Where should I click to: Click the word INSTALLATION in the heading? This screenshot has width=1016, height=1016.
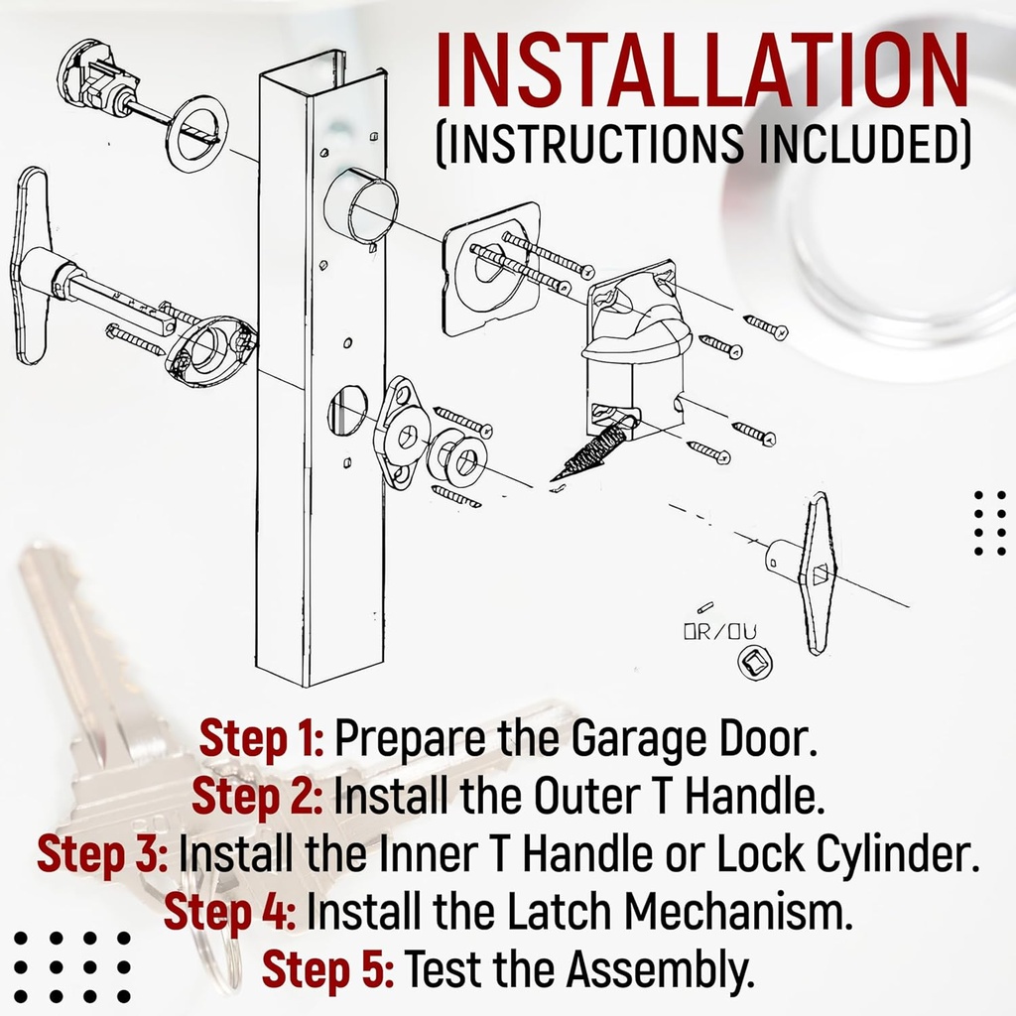tap(702, 74)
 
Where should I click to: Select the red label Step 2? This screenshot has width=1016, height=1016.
tap(257, 796)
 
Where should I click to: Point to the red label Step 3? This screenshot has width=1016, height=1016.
tap(103, 854)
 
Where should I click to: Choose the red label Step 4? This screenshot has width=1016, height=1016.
tap(230, 911)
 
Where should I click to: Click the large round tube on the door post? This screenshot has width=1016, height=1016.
tap(361, 204)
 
